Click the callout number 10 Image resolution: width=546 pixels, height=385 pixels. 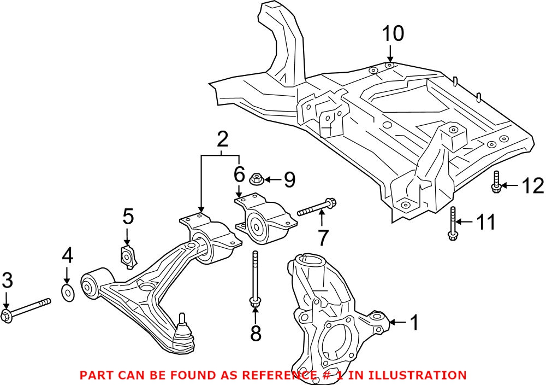click(393, 34)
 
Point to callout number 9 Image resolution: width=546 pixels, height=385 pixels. click(289, 179)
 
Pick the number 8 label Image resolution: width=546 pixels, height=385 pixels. click(256, 332)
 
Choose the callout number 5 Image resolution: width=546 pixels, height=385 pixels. click(127, 217)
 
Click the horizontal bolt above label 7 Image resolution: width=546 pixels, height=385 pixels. click(317, 208)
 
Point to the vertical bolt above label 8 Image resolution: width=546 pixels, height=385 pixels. click(255, 279)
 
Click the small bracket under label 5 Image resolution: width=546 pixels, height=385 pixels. click(128, 256)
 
